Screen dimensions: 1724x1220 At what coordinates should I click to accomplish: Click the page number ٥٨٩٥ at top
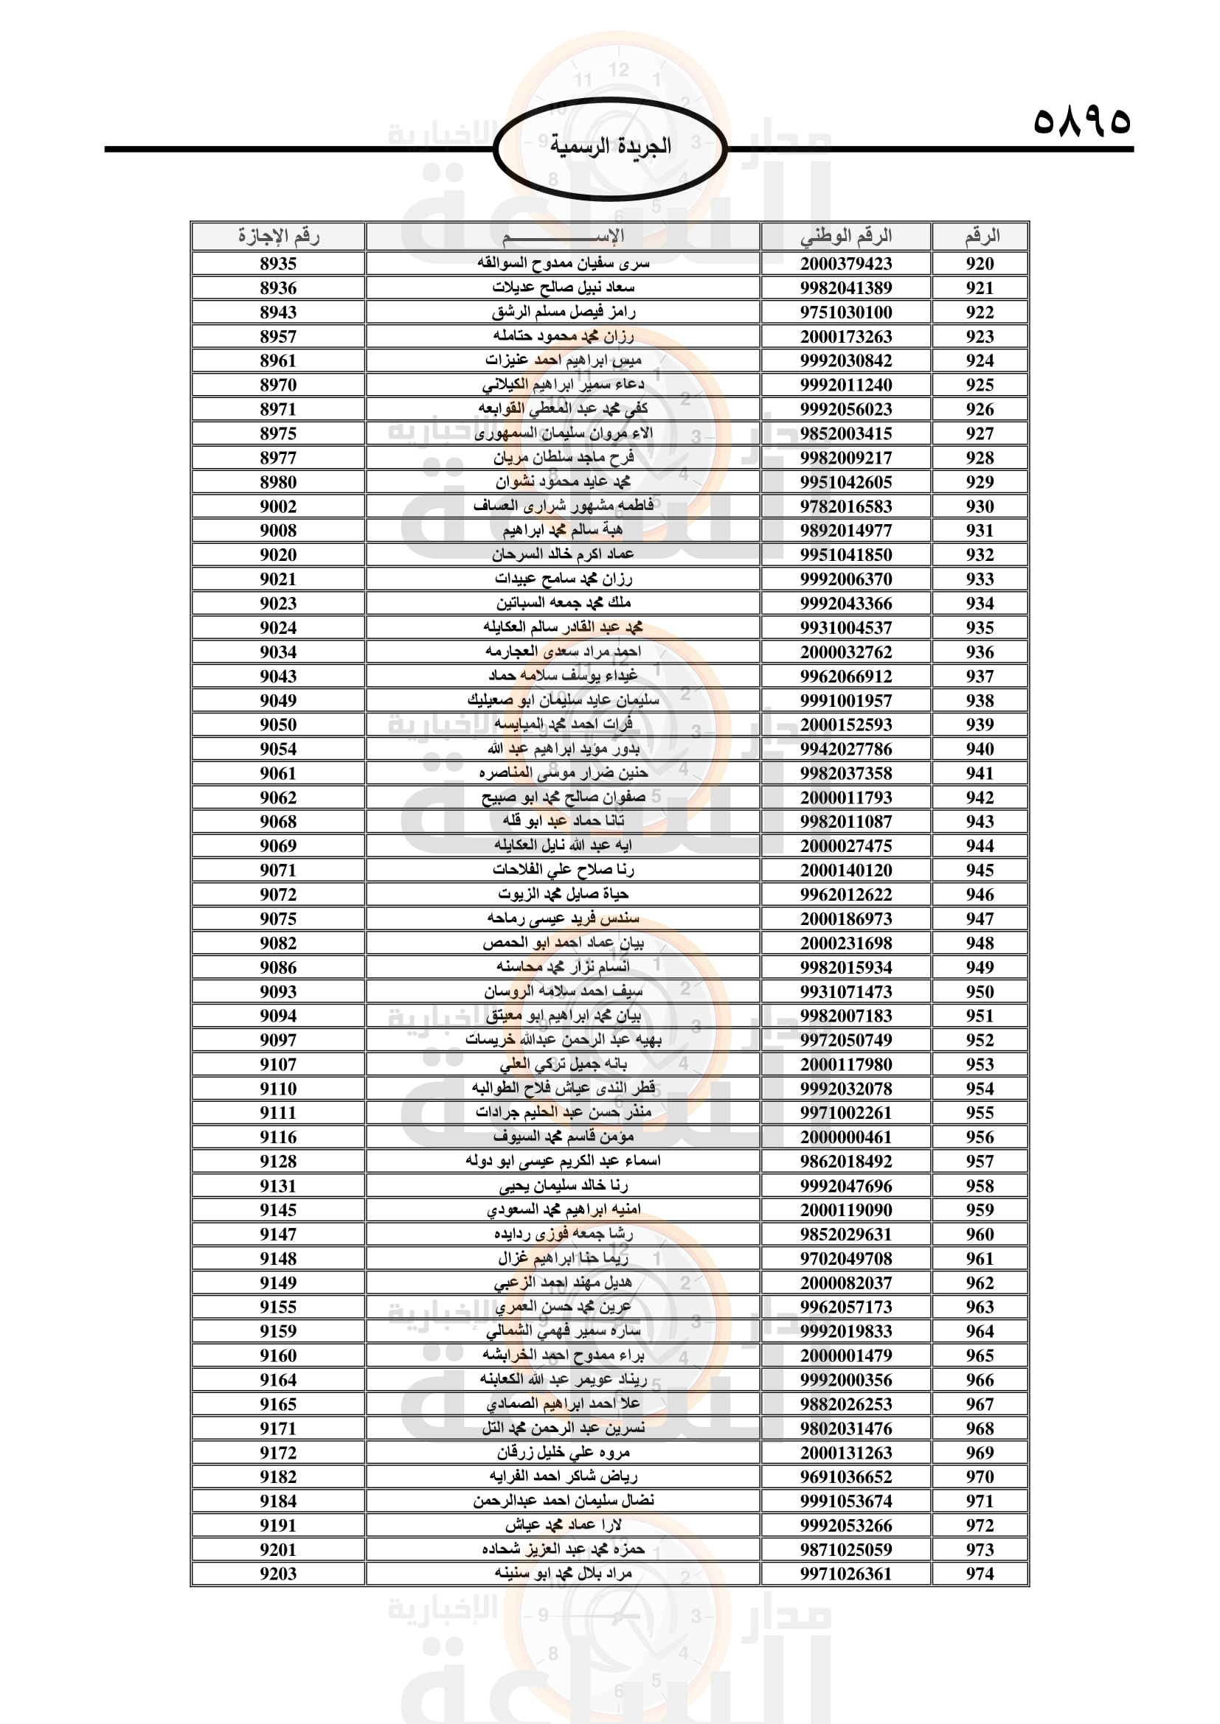pyautogui.click(x=1081, y=121)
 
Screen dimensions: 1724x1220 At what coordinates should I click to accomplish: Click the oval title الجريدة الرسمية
pyautogui.click(x=610, y=147)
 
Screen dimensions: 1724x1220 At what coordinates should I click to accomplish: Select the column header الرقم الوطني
pyautogui.click(x=846, y=237)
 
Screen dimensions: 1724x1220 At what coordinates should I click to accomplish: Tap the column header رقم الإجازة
pyautogui.click(x=278, y=237)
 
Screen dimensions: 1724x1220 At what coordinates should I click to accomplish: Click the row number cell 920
pyautogui.click(x=980, y=264)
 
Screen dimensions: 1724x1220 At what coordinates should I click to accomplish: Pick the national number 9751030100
pyautogui.click(x=846, y=313)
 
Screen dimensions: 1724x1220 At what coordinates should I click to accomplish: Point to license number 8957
pyautogui.click(x=278, y=336)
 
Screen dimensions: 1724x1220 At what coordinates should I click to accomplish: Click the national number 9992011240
pyautogui.click(x=846, y=385)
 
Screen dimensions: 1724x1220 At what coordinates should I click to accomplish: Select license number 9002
pyautogui.click(x=278, y=506)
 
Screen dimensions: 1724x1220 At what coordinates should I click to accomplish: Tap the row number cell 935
pyautogui.click(x=980, y=628)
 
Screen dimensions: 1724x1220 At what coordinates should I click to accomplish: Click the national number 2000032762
pyautogui.click(x=846, y=652)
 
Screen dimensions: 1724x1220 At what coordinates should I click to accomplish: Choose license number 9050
pyautogui.click(x=278, y=725)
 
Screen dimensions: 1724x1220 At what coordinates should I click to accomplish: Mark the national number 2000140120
pyautogui.click(x=846, y=870)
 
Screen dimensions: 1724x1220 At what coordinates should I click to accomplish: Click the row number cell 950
pyautogui.click(x=980, y=991)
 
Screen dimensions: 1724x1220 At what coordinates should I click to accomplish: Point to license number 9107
pyautogui.click(x=278, y=1064)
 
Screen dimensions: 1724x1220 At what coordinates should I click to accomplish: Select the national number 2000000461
pyautogui.click(x=846, y=1137)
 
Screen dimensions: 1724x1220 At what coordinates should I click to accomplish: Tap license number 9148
pyautogui.click(x=278, y=1258)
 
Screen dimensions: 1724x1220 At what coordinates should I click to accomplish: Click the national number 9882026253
pyautogui.click(x=846, y=1404)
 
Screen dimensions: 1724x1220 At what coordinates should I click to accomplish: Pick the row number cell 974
pyautogui.click(x=980, y=1574)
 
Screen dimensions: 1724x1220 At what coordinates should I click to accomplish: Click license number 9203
pyautogui.click(x=278, y=1574)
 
